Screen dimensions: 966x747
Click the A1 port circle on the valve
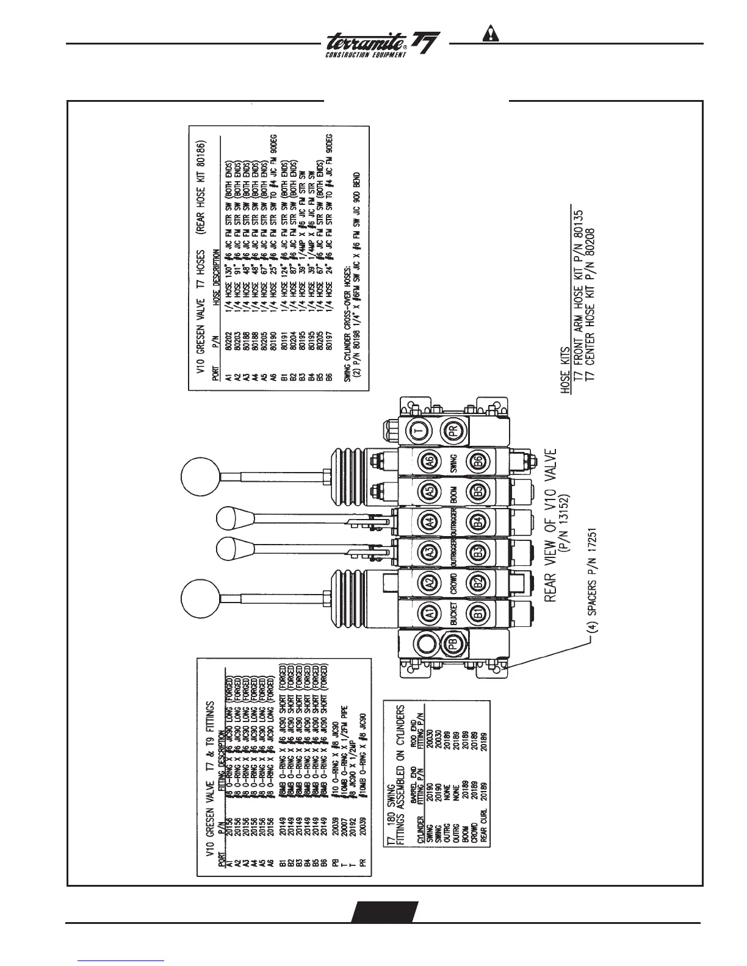tap(430, 613)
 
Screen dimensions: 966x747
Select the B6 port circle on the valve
tap(478, 462)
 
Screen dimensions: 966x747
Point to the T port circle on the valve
tap(419, 431)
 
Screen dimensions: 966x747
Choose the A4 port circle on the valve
tap(430, 521)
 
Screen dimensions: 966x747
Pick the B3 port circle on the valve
tap(478, 552)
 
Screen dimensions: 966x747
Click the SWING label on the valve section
tap(454, 462)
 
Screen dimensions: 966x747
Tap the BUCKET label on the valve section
tap(454, 613)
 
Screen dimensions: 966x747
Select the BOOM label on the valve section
tap(454, 492)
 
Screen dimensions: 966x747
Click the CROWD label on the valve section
tap(454, 582)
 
